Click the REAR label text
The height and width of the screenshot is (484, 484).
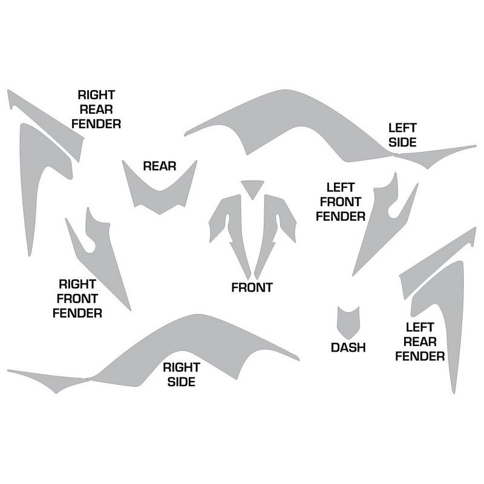159,166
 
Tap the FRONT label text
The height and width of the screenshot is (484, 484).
252,287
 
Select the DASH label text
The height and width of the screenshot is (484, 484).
348,347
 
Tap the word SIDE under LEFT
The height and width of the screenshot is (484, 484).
402,143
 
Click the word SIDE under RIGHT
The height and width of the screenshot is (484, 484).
179,382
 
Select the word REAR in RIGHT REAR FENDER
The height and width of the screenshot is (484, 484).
96,110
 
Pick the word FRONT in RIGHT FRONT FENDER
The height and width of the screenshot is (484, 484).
77,298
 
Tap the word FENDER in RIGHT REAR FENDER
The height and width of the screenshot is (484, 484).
96,124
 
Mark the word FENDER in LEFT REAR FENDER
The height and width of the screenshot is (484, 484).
420,356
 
